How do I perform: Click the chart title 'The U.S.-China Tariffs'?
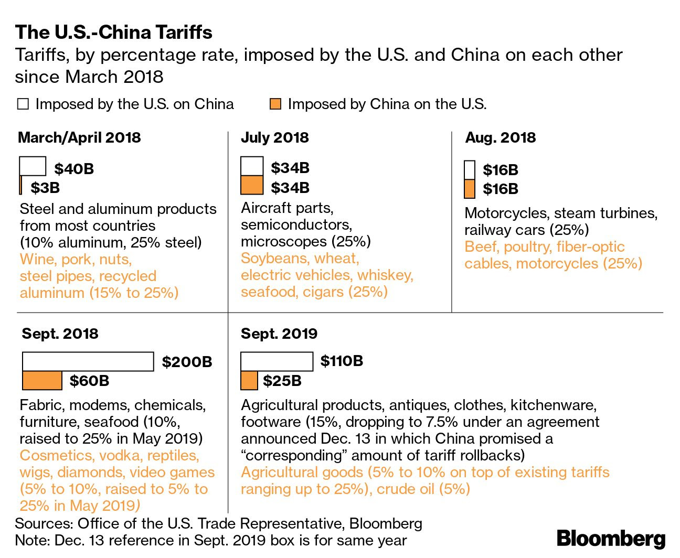[x=113, y=33]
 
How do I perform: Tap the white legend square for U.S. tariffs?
[x=23, y=104]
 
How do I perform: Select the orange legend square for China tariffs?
[x=275, y=104]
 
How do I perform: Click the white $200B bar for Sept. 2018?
[x=88, y=362]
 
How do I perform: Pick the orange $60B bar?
[x=42, y=381]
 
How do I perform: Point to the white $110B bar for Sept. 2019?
[x=277, y=361]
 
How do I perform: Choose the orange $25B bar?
[x=249, y=381]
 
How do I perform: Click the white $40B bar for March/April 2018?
[x=33, y=166]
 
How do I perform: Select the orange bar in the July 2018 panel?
[x=252, y=185]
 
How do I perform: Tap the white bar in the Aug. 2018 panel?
[x=470, y=170]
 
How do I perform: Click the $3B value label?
[x=45, y=188]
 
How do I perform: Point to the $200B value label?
[x=187, y=362]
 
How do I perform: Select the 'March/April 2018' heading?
[x=79, y=138]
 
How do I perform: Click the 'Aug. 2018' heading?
[x=501, y=138]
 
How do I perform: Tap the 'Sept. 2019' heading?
[x=279, y=334]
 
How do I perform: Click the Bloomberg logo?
[x=611, y=539]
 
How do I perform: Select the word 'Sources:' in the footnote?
[x=44, y=523]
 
